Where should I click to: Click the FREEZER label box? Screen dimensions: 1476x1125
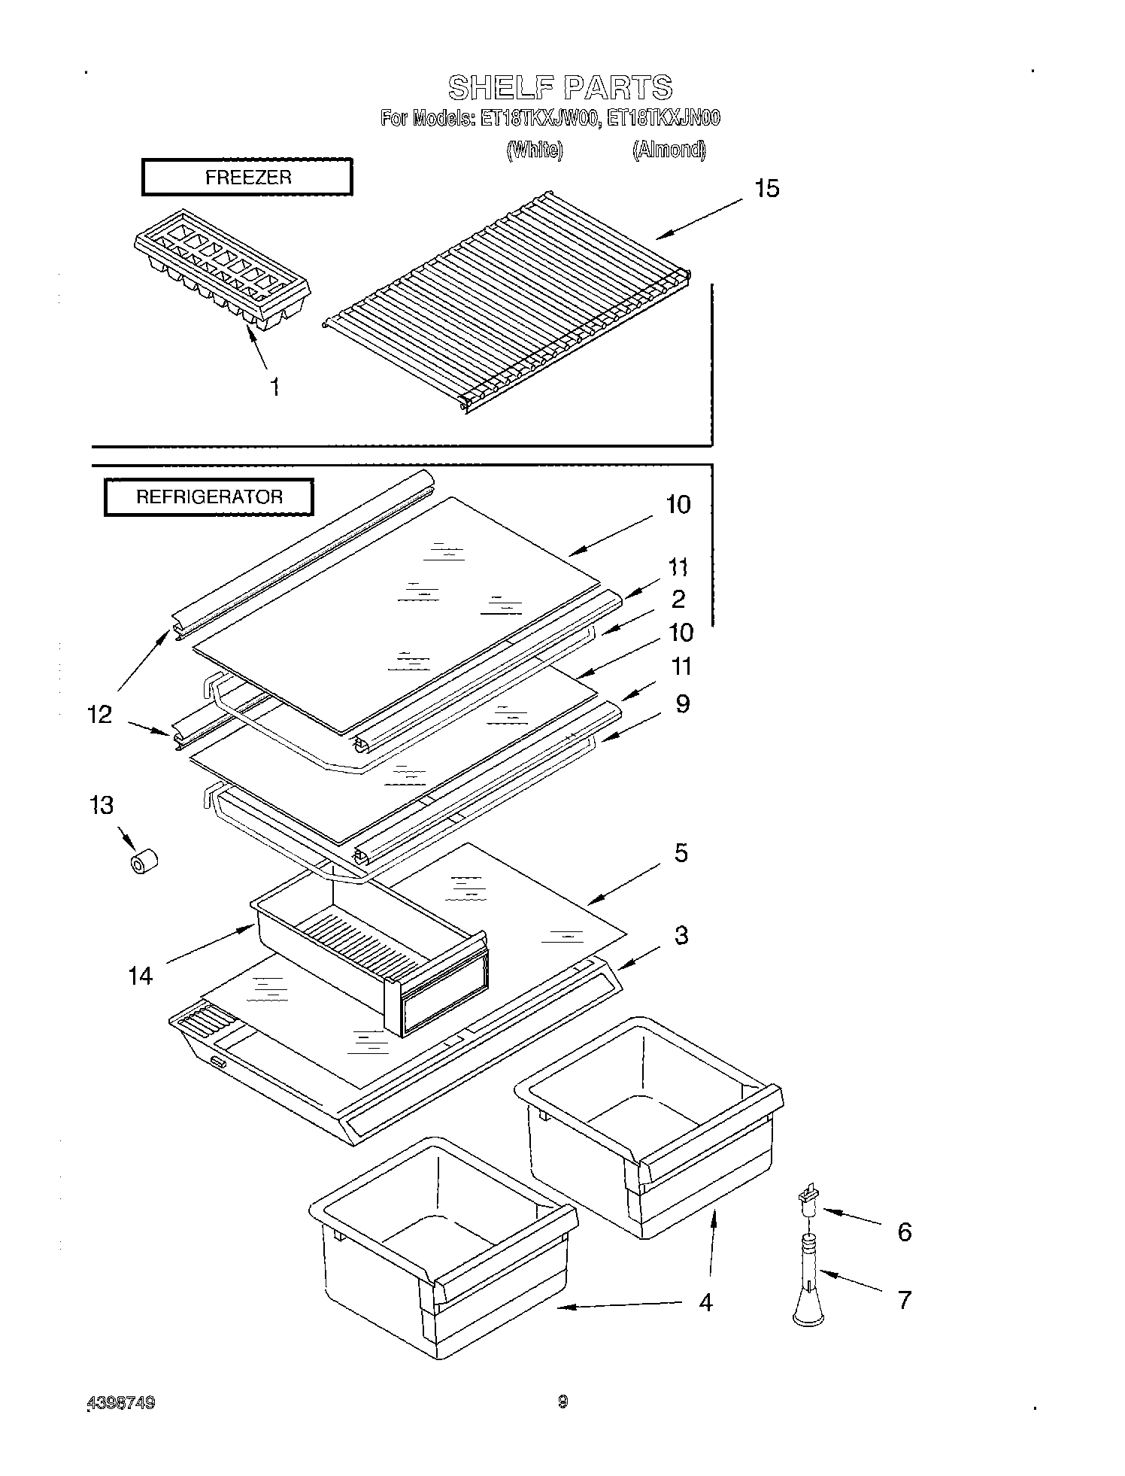[x=247, y=178]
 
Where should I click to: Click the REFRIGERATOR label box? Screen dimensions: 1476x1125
[x=208, y=497]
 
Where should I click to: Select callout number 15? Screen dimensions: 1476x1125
[x=766, y=188]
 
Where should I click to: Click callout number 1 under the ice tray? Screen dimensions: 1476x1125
[x=275, y=387]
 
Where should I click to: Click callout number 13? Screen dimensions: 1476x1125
[x=102, y=805]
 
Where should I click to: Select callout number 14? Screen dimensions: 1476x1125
[x=141, y=976]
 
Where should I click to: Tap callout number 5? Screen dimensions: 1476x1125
[x=681, y=853]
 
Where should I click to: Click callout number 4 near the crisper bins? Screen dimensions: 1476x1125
[x=705, y=1301]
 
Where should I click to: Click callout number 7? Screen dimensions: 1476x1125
[x=905, y=1299]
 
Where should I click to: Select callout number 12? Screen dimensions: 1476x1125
[x=99, y=714]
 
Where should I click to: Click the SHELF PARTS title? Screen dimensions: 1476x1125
[x=560, y=87]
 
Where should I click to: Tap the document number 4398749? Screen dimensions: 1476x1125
[x=122, y=1402]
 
